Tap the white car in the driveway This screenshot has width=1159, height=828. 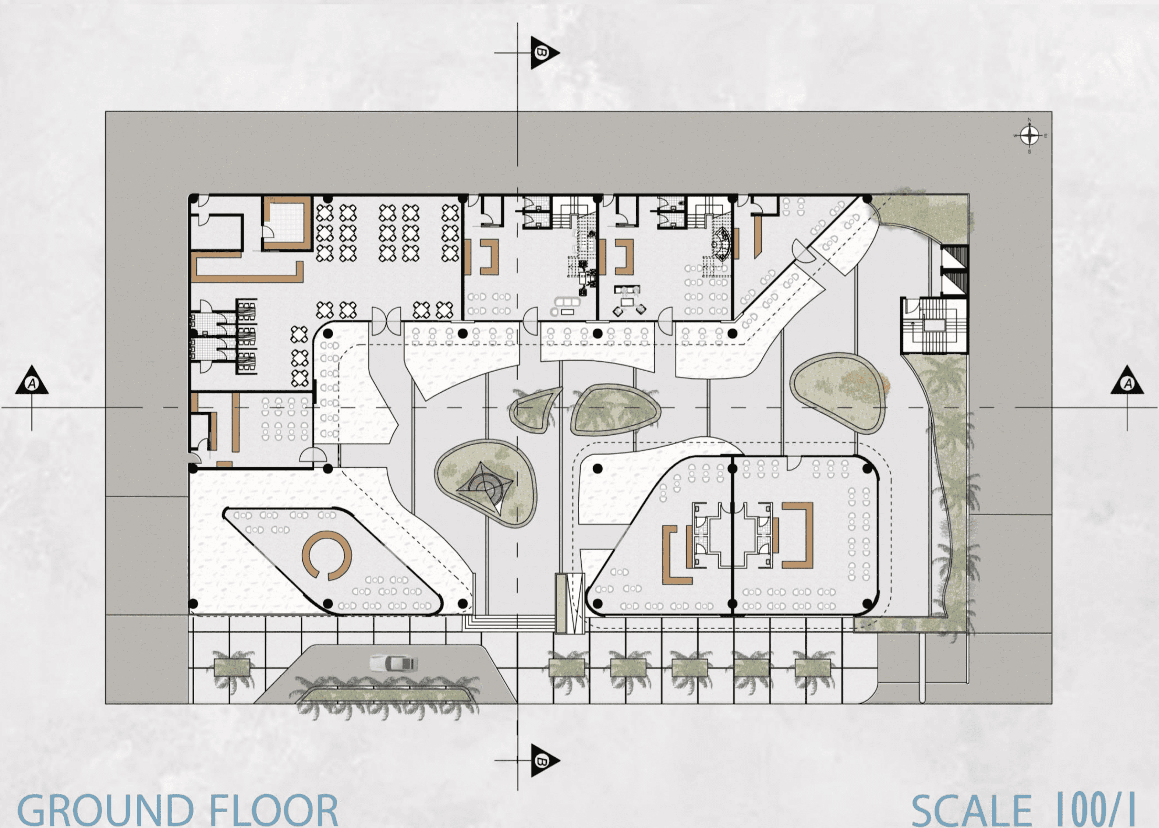coord(394,663)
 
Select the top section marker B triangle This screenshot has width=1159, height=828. coord(543,53)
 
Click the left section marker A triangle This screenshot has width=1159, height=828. coord(32,381)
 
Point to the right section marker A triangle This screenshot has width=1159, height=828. coord(1127,381)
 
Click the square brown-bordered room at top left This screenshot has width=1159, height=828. coord(286,223)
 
